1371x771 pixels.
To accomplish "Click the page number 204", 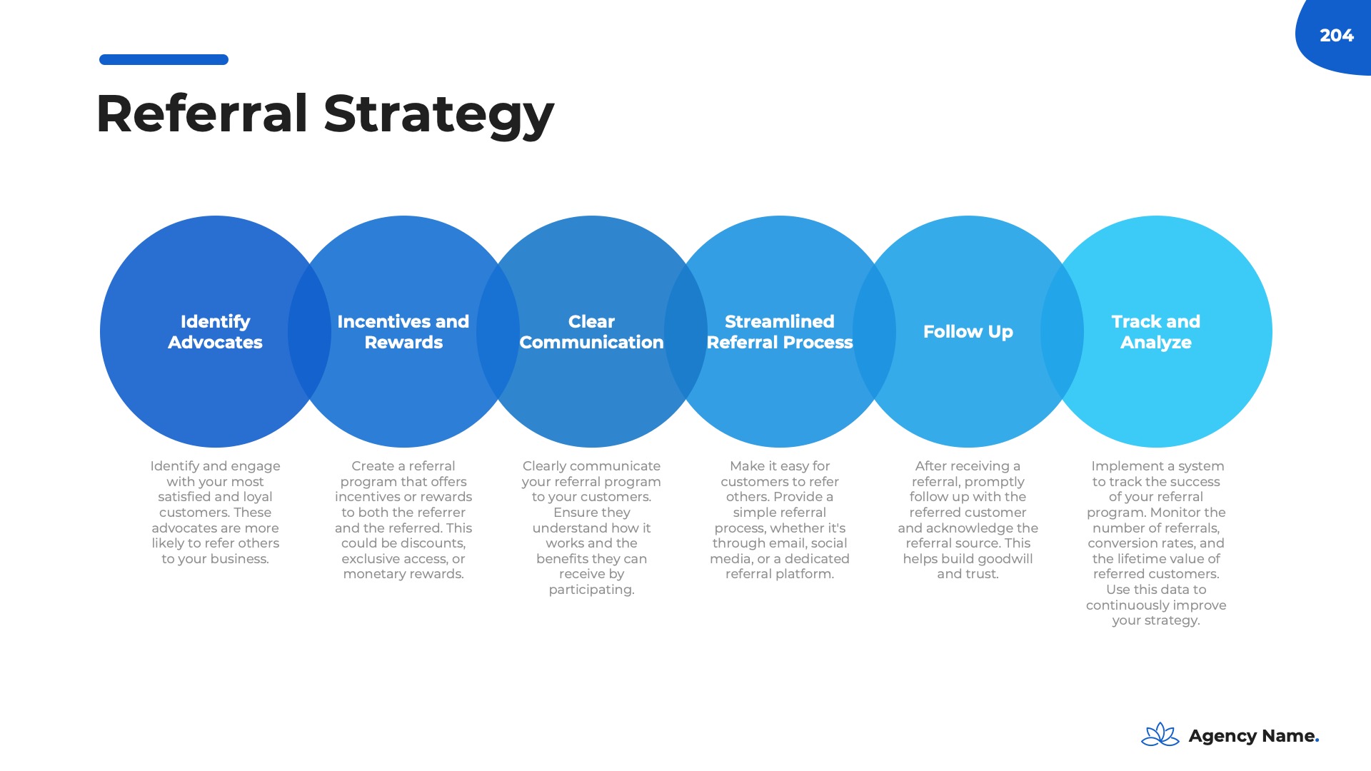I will point(1336,36).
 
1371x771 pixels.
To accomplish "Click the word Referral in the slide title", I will point(202,114).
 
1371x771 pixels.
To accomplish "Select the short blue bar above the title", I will point(164,60).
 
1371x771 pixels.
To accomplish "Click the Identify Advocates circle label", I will point(215,332).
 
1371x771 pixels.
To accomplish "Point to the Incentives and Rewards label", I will point(403,332).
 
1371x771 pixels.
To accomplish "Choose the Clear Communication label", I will point(591,332).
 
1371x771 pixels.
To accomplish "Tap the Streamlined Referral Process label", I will point(780,332).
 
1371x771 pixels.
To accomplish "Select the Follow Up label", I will point(968,332).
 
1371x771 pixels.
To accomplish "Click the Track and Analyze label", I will point(1156,332).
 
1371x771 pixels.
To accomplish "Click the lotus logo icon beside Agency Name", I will point(1160,735).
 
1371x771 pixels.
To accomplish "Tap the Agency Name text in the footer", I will point(1253,736).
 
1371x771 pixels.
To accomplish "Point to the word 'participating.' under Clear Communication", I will point(591,590).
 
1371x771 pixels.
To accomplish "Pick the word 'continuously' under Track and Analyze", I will point(1126,605).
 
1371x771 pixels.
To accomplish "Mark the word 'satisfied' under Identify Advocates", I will point(184,497).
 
